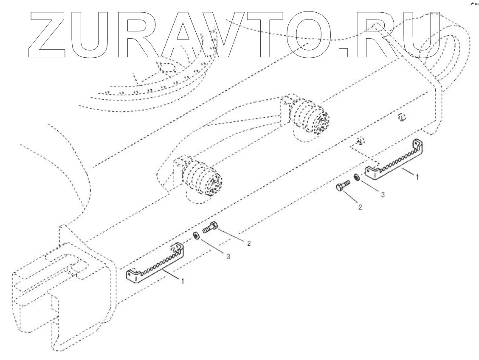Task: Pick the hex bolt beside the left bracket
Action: (211, 228)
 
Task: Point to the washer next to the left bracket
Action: (197, 235)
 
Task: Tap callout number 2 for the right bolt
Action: (360, 208)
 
